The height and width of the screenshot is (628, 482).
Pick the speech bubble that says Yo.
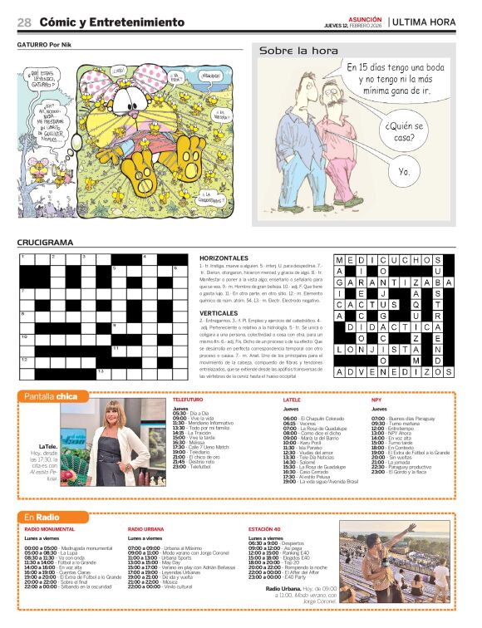[404, 171]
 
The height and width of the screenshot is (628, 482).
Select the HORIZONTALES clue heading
[224, 258]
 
